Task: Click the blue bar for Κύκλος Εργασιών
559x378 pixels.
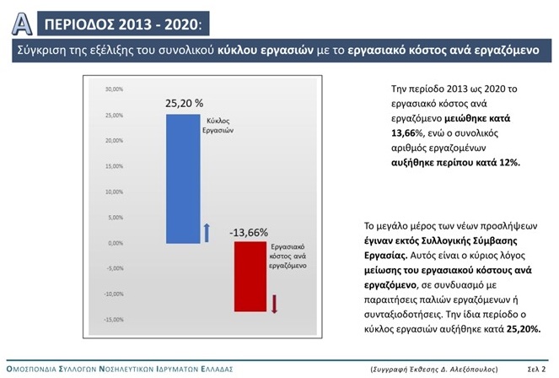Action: (183, 178)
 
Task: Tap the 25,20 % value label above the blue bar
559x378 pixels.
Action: (184, 103)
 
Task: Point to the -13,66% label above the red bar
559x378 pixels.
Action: (248, 232)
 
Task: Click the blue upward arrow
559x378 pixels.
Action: (207, 230)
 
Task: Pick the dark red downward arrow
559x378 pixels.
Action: (273, 304)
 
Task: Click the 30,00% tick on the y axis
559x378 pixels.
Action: (115, 89)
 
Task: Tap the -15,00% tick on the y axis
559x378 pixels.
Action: (114, 320)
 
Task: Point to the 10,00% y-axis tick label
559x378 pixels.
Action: (115, 192)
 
